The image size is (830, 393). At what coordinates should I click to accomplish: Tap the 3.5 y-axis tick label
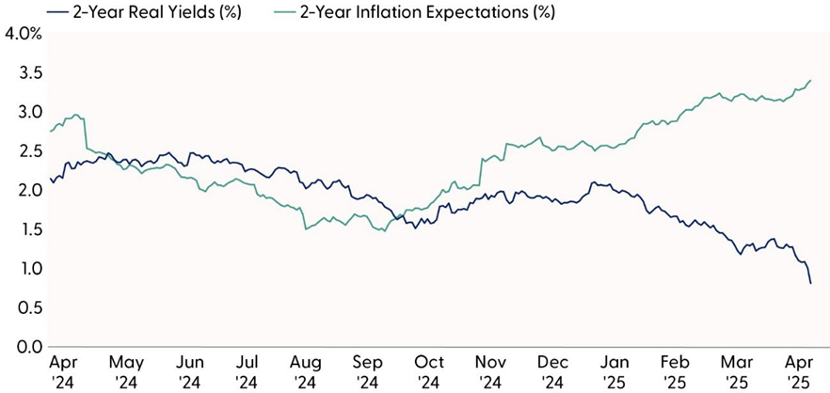(x=26, y=72)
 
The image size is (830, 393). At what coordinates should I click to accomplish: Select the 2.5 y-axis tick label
(x=26, y=150)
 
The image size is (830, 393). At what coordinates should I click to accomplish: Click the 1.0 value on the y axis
(x=26, y=269)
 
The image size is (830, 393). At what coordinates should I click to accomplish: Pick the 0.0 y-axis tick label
(x=26, y=347)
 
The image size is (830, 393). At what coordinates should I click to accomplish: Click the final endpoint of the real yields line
(x=811, y=283)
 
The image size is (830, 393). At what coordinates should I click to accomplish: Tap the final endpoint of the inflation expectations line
(x=811, y=81)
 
